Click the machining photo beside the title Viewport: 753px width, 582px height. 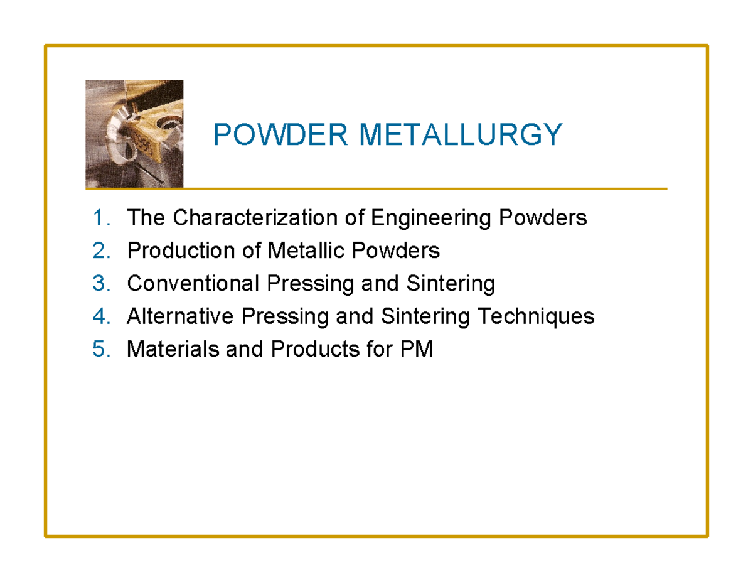tap(134, 134)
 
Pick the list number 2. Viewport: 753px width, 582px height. tap(100, 251)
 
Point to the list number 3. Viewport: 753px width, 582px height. tap(100, 284)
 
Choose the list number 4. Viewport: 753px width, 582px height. tap(100, 316)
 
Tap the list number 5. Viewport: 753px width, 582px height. tap(100, 349)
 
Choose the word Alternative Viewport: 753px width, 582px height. tap(179, 316)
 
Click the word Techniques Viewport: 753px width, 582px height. tap(536, 316)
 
